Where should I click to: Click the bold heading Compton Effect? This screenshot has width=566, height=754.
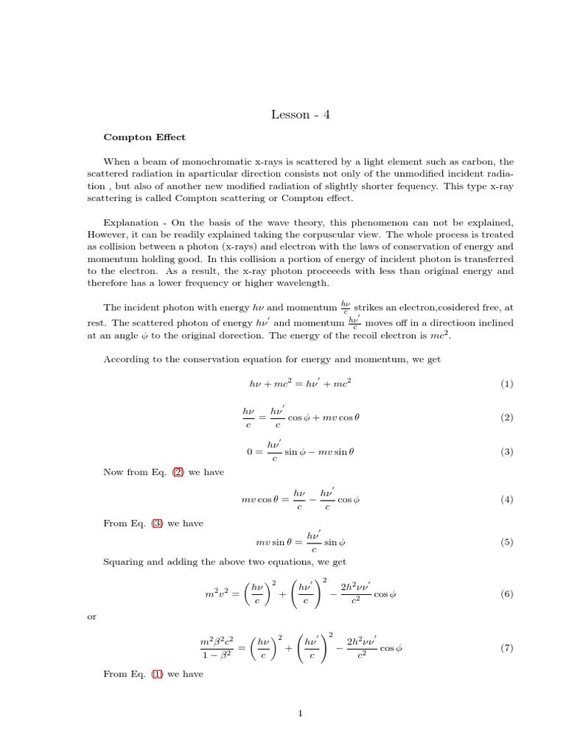click(144, 137)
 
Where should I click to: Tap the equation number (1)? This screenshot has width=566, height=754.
click(506, 384)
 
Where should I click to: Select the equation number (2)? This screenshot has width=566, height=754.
click(506, 417)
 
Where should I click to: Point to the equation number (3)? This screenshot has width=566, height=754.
click(506, 452)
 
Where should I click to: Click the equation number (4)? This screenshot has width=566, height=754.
click(506, 499)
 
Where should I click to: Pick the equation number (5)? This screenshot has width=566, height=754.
click(506, 542)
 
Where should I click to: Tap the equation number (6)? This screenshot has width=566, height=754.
click(506, 593)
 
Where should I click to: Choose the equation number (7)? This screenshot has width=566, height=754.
click(506, 648)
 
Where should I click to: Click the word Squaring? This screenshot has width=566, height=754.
click(122, 561)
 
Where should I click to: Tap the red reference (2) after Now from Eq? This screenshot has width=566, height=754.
click(178, 472)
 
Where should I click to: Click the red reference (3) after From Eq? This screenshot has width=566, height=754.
click(156, 524)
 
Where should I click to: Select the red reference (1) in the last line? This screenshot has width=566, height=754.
click(156, 673)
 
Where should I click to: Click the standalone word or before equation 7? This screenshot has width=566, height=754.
click(92, 616)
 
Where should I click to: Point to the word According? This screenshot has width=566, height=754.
click(126, 359)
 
